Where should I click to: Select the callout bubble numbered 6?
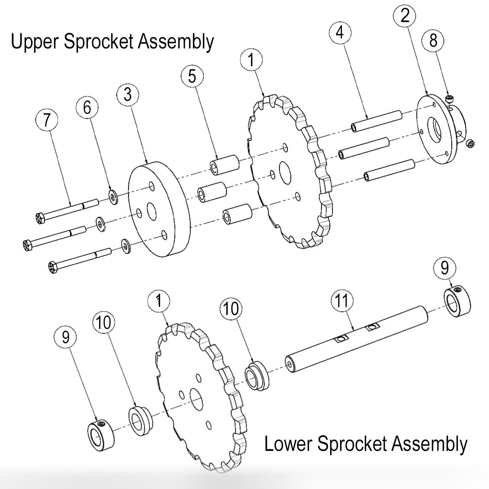coord(87,107)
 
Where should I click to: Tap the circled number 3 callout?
coord(127,94)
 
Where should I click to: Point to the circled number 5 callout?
coord(192,76)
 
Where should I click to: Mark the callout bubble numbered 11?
coord(342,301)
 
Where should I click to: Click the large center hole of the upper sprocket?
coord(285,171)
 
